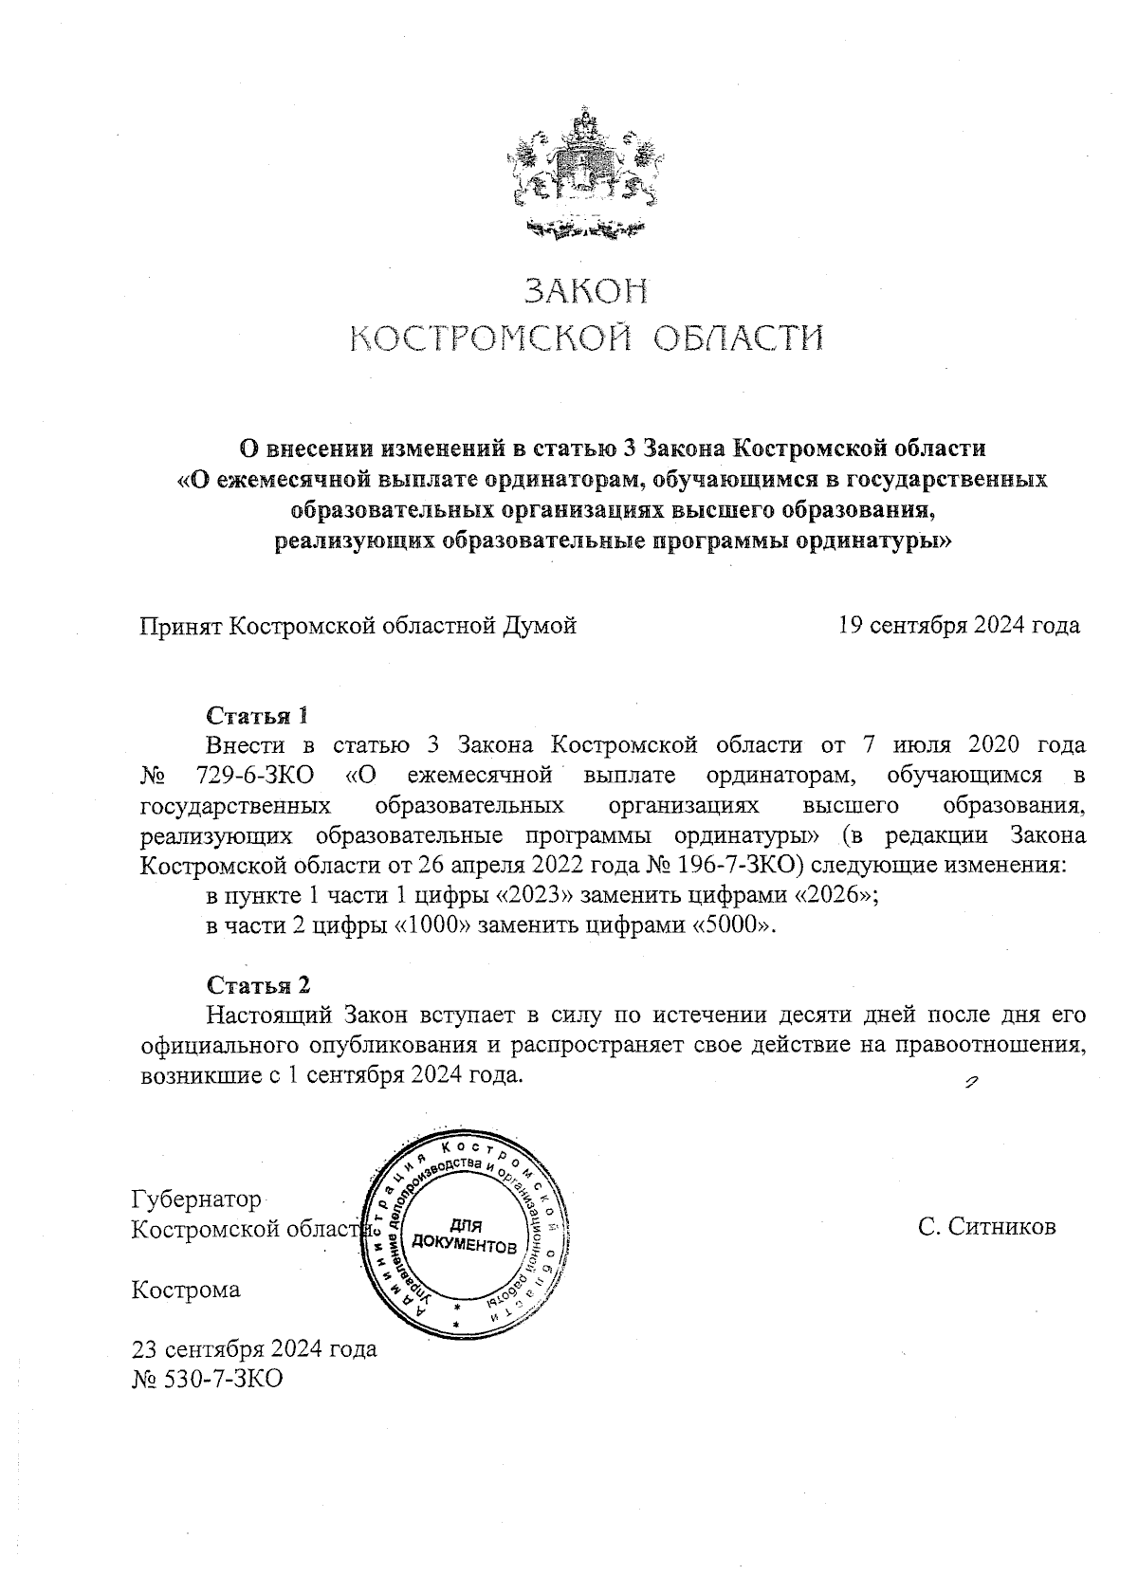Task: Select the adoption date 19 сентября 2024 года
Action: click(959, 626)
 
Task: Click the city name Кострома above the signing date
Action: click(186, 1290)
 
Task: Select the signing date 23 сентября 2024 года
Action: click(254, 1348)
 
